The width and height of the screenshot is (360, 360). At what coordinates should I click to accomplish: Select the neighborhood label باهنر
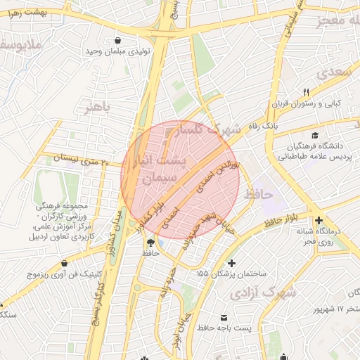point(96,108)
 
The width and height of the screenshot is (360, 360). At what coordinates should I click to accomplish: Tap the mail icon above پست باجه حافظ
point(224,317)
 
